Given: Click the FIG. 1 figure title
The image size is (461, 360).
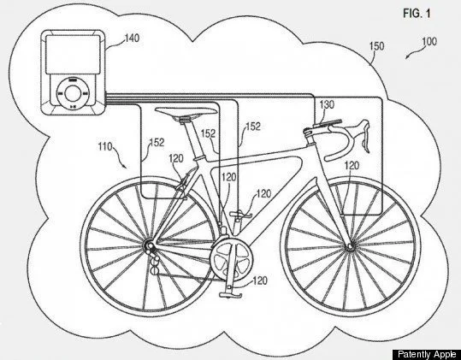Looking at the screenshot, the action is click(x=417, y=14).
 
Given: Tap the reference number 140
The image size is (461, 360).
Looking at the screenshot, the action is click(x=132, y=38).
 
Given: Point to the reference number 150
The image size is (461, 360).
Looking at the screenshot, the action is click(x=376, y=46).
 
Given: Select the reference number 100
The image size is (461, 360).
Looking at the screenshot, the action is click(x=429, y=41).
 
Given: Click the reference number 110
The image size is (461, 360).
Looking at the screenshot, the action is click(x=105, y=146).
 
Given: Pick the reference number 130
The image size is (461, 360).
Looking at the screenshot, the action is click(x=327, y=104).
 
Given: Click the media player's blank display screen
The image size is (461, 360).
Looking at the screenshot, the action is click(x=73, y=55).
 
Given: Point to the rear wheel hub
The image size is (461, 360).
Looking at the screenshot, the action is click(x=148, y=245).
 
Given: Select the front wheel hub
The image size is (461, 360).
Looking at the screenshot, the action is click(x=350, y=246).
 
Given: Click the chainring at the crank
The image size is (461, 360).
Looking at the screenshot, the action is click(x=231, y=260).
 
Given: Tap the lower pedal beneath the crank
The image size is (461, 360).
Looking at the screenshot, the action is click(x=230, y=295).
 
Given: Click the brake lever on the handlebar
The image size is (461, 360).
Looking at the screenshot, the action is click(x=364, y=135).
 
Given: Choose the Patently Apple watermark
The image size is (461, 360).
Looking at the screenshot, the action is click(x=427, y=354).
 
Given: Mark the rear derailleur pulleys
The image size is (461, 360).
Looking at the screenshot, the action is click(x=154, y=263).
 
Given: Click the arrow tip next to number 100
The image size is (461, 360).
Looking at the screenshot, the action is click(x=406, y=59).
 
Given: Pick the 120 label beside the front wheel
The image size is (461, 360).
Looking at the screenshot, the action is click(x=352, y=165).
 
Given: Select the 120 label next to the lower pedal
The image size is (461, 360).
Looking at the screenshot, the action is click(x=260, y=280).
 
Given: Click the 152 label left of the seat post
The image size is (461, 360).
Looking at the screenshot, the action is click(x=157, y=143).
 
